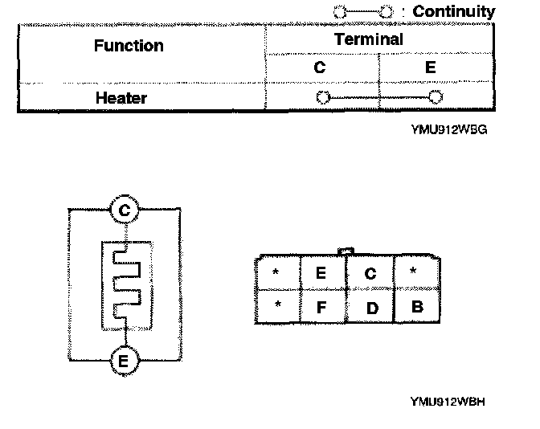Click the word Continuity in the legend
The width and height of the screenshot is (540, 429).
(453, 12)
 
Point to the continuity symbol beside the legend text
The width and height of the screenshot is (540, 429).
(363, 12)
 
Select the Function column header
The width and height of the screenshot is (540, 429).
(129, 46)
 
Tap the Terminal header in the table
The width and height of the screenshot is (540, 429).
(369, 39)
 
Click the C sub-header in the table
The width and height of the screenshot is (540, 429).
(319, 68)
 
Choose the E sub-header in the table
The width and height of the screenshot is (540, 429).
(430, 68)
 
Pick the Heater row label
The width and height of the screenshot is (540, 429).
(121, 99)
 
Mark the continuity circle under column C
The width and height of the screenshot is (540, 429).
(323, 98)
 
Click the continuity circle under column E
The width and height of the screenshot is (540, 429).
(436, 98)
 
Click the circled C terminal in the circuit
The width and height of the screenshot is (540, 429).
(123, 210)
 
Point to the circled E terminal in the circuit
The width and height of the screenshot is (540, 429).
(123, 361)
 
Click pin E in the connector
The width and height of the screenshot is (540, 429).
(321, 273)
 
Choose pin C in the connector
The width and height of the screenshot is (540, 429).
(370, 274)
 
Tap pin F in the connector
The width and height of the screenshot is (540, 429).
(321, 306)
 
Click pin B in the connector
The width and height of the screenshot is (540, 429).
(416, 306)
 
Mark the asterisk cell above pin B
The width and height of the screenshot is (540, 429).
(414, 272)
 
